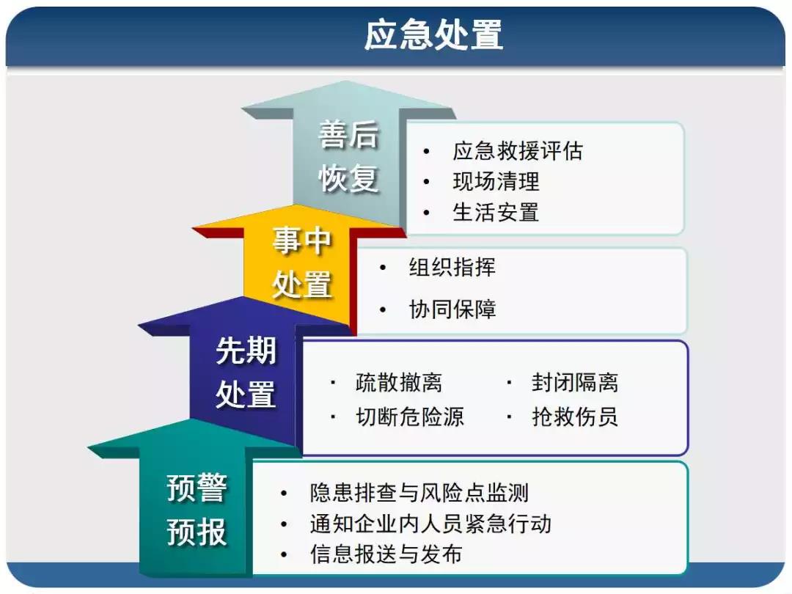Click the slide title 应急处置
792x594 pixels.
tap(433, 35)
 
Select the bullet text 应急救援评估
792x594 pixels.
tap(518, 151)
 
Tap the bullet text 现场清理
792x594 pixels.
tap(496, 182)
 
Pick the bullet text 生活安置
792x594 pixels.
tap(496, 212)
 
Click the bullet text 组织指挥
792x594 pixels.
tap(452, 267)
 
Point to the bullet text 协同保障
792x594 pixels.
tap(452, 309)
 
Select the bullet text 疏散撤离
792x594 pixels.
tap(399, 382)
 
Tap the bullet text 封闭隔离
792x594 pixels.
tap(575, 382)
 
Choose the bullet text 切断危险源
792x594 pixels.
tap(410, 417)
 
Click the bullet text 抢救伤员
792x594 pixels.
tap(575, 417)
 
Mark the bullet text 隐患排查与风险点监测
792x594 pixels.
tap(419, 493)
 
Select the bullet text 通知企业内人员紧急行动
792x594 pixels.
tap(430, 524)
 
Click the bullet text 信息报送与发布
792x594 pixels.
tap(386, 554)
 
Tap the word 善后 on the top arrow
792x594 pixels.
tap(348, 136)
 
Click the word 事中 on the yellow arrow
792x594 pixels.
tap(301, 241)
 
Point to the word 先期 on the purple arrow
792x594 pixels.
tap(246, 351)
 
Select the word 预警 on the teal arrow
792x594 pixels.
tap(197, 488)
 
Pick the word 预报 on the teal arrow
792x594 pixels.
tap(197, 532)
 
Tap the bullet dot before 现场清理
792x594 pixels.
tap(427, 182)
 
